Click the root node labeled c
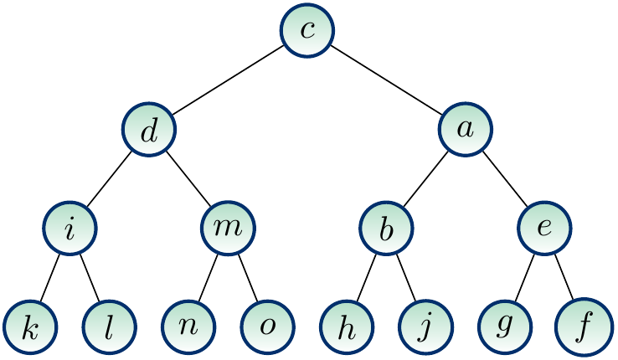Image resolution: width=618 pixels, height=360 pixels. pos(307,30)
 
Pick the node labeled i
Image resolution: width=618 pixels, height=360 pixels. pos(70,229)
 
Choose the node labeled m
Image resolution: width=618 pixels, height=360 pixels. pos(228,229)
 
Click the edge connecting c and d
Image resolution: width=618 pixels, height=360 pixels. pos(228,80)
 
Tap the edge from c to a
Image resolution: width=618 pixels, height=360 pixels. pos(387,80)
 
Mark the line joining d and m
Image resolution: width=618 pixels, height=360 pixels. pos(188,180)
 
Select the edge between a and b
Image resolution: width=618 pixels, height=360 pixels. pos(426,180)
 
